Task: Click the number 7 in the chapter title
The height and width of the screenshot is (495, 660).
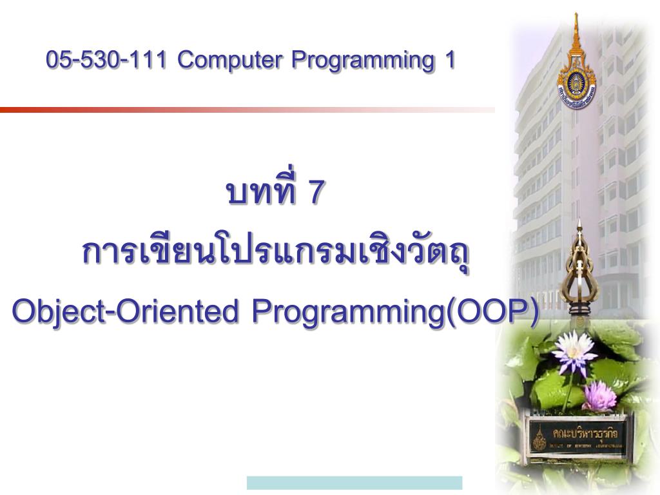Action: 315,193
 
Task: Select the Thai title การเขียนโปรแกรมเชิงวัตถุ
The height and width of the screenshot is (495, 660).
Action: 276,253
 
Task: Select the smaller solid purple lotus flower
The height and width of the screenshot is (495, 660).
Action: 599,395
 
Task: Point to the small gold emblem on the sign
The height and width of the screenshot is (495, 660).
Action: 539,438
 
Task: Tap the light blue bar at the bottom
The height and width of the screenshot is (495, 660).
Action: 354,483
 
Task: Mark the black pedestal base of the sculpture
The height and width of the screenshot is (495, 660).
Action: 579,315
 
